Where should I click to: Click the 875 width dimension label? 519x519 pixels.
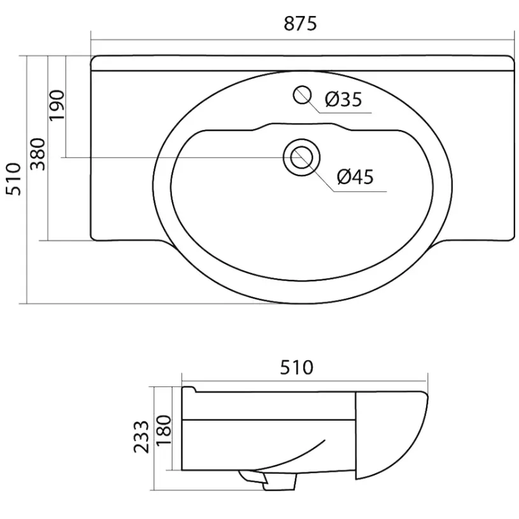[x=300, y=24]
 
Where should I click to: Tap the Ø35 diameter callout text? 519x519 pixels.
[x=343, y=99]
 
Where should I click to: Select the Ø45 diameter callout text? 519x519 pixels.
[x=355, y=177]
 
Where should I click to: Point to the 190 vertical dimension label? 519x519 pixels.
[x=57, y=105]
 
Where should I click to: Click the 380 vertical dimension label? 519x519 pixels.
[x=38, y=154]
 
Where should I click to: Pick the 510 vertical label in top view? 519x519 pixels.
[x=14, y=179]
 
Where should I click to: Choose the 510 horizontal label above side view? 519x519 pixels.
[x=297, y=367]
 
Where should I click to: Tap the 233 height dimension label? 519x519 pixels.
[x=141, y=437]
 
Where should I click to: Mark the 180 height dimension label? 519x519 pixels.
[x=164, y=430]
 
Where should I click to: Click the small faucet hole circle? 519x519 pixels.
[x=302, y=95]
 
